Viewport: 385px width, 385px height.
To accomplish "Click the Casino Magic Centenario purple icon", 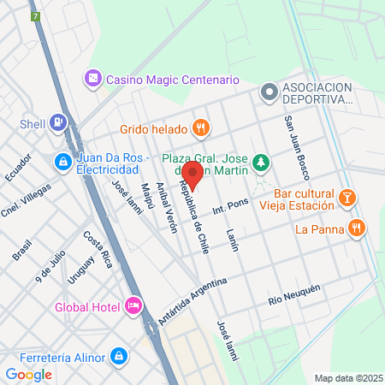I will point(93,79).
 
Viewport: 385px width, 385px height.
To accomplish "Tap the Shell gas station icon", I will point(58,123).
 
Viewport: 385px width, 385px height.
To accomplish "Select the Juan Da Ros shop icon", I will point(63,160).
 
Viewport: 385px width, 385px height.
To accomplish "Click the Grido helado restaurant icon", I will point(201,127).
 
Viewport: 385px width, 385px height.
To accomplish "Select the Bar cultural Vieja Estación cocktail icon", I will point(346,198).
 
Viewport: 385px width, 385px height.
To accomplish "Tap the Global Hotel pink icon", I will point(133,305).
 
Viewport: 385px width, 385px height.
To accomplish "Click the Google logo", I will point(28,374).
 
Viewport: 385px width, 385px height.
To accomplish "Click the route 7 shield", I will point(35,17).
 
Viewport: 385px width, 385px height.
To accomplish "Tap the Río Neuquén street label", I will point(293,293).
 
